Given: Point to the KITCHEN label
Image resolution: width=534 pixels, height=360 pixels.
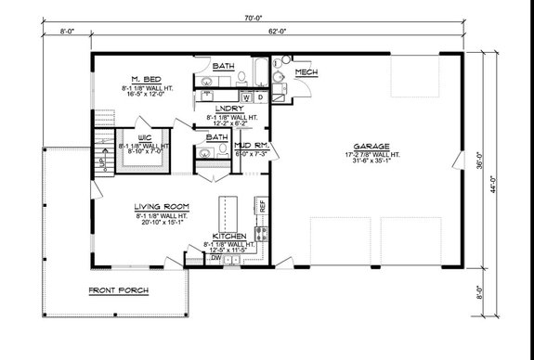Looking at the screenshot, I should [228, 237].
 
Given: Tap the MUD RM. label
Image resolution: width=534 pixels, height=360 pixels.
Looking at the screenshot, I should [251, 146].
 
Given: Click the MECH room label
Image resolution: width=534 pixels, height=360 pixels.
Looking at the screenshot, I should [306, 72].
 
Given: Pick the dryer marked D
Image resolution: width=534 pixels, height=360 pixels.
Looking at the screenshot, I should [261, 96].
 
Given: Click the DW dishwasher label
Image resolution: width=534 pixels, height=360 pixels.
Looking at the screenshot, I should [216, 259].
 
